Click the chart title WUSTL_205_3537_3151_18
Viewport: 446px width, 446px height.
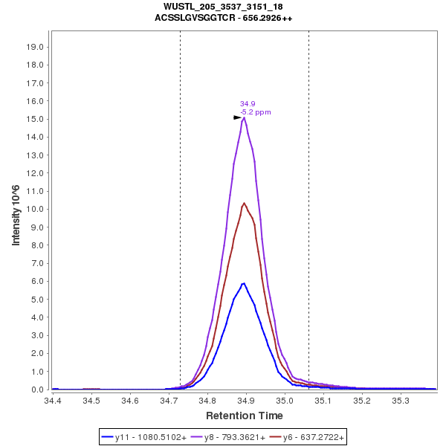(223, 7)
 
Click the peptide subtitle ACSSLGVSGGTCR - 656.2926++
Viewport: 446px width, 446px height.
(223, 17)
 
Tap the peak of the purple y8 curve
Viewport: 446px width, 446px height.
(244, 117)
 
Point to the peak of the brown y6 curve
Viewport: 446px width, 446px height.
(244, 203)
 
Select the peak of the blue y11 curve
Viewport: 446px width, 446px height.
(243, 283)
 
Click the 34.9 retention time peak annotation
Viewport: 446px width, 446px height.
(248, 104)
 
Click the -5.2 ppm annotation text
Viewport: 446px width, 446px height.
(255, 112)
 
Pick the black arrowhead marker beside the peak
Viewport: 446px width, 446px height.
(237, 117)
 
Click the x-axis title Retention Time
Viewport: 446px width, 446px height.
(244, 416)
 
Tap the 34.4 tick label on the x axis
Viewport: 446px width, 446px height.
(53, 401)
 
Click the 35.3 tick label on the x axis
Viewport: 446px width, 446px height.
(401, 401)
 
